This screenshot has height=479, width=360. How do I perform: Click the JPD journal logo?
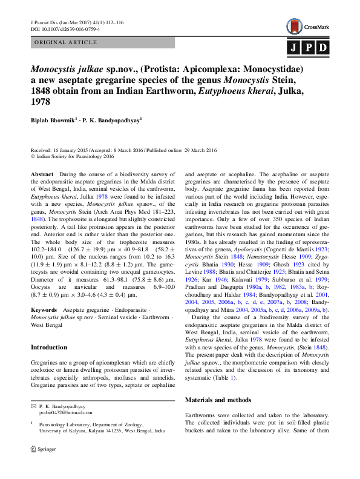307,47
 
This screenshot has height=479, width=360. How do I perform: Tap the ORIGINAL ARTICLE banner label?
67,42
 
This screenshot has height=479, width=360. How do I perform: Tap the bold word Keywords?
44,309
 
